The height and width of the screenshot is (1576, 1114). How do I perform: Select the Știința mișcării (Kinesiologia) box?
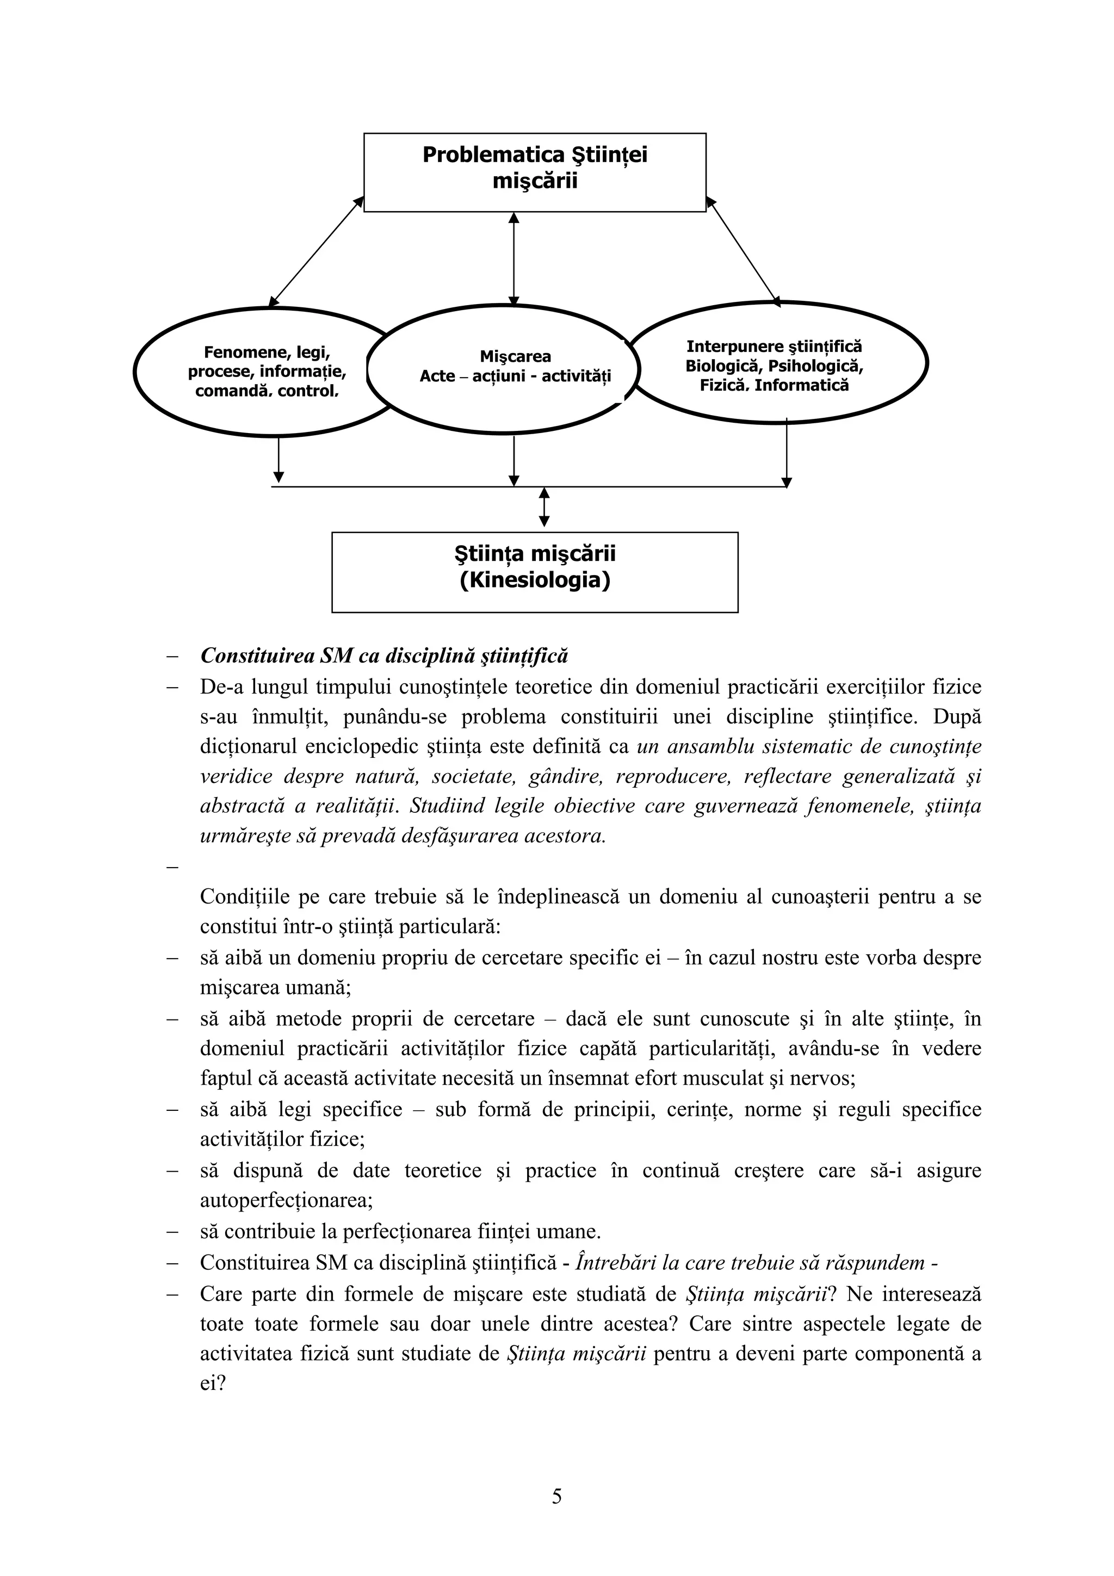click(x=534, y=571)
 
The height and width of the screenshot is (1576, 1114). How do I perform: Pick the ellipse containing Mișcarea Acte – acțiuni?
click(x=514, y=366)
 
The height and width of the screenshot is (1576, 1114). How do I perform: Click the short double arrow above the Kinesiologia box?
click(x=544, y=507)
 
